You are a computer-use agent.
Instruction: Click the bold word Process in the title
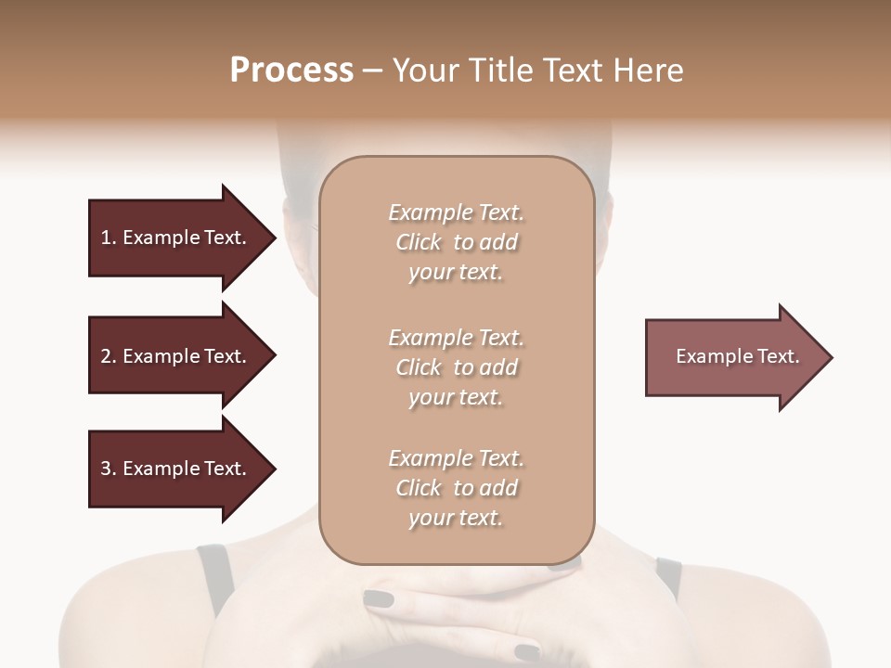291,71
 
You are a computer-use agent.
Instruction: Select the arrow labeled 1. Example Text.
176,238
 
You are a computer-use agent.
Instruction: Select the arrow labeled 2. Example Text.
176,356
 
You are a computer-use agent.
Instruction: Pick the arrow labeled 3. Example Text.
176,469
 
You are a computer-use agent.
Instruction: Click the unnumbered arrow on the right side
733,357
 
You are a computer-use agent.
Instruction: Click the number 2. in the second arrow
109,356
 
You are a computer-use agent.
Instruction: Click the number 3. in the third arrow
109,469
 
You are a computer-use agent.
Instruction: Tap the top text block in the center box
456,242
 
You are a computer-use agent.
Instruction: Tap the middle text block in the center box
456,367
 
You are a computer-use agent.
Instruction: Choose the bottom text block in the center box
456,488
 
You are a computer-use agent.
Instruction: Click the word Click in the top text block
419,242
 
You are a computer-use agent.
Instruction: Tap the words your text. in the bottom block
456,518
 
